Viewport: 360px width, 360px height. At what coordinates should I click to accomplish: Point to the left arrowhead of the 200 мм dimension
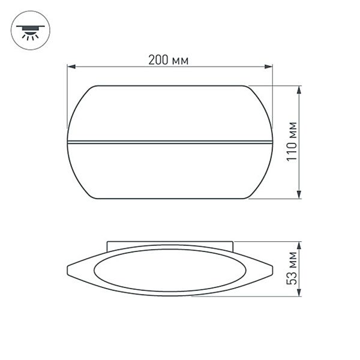[70, 67]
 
